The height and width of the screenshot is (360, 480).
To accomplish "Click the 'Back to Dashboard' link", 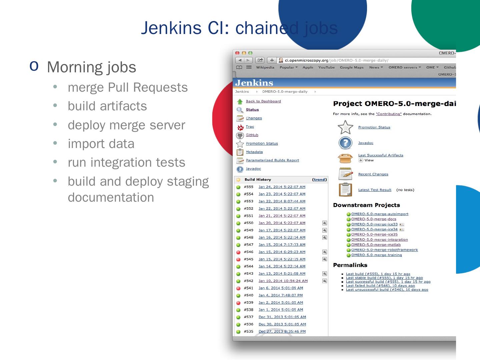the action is pyautogui.click(x=263, y=101).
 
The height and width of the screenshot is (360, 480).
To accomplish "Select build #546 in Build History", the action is pyautogui.click(x=249, y=252).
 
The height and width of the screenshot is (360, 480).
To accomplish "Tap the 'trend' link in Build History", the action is pyautogui.click(x=319, y=180).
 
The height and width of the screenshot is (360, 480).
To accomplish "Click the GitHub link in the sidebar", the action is pyautogui.click(x=252, y=135).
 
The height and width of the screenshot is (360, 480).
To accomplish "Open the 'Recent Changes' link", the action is pyautogui.click(x=373, y=174).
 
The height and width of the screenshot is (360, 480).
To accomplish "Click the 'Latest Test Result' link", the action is pyautogui.click(x=375, y=190).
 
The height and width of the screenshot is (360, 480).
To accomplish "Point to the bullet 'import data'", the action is pyautogui.click(x=101, y=144).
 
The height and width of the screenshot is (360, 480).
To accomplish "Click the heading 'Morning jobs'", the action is pyautogui.click(x=91, y=67).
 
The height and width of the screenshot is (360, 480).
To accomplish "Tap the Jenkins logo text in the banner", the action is pyautogui.click(x=254, y=83).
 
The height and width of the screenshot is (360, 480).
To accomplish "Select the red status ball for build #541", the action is pyautogui.click(x=238, y=288).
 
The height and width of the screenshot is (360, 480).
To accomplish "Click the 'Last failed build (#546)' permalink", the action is pyautogui.click(x=380, y=286).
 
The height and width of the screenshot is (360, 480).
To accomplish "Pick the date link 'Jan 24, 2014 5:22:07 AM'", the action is pyautogui.click(x=282, y=187).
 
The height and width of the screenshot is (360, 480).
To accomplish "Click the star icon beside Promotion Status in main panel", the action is pyautogui.click(x=345, y=127).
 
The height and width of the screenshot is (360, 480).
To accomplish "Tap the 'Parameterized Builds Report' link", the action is pyautogui.click(x=272, y=160).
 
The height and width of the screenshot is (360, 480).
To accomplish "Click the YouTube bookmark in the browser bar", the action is pyautogui.click(x=326, y=67).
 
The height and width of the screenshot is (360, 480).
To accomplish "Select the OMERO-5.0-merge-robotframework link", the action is pyautogui.click(x=384, y=250).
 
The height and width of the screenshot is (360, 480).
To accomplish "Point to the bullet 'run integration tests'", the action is pyautogui.click(x=126, y=162).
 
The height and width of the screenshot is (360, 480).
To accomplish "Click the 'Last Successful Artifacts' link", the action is pyautogui.click(x=381, y=155).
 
